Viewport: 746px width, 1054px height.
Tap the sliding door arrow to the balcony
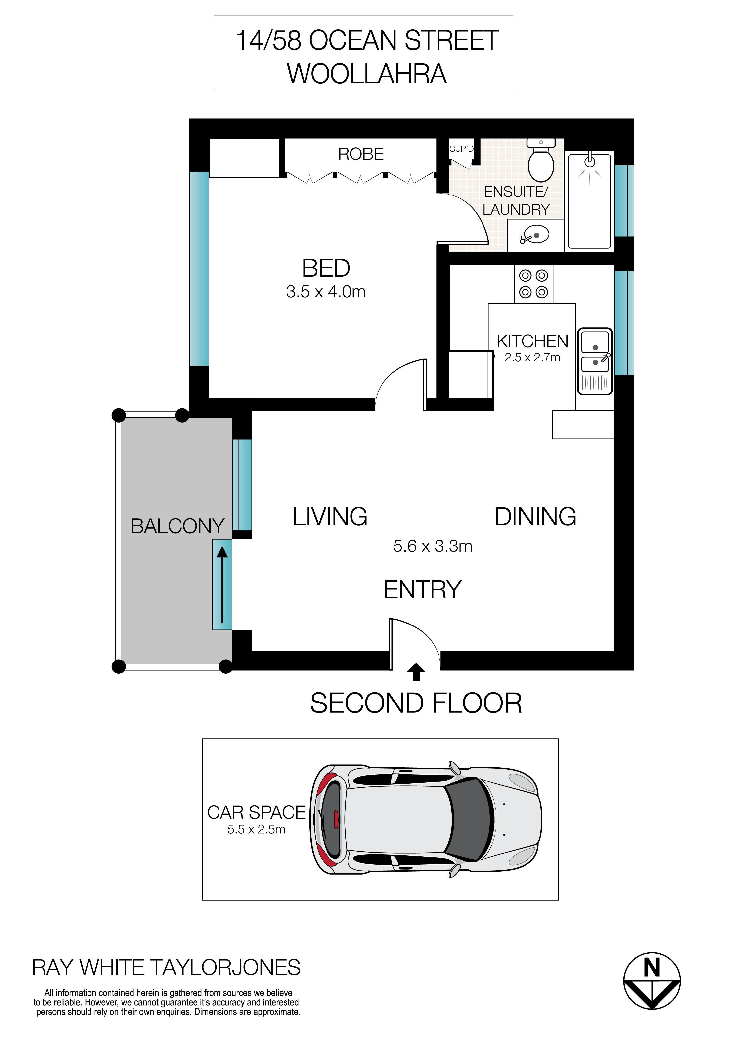(222, 584)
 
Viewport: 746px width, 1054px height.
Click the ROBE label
(361, 154)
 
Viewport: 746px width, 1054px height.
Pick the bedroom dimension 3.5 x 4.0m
(326, 291)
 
